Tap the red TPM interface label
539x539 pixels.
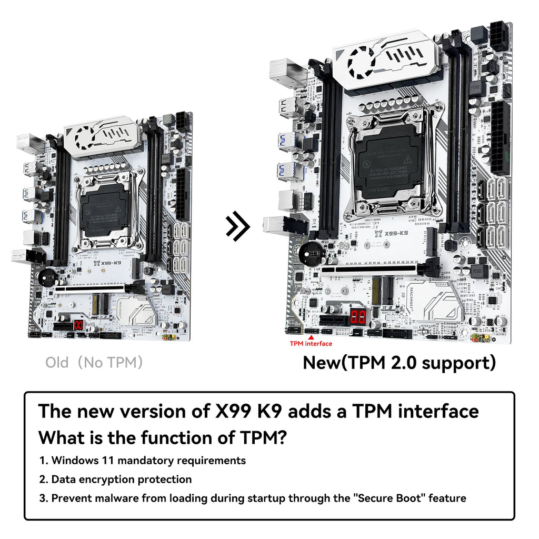311,344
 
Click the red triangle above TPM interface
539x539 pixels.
311,337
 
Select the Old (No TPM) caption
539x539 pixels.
94,363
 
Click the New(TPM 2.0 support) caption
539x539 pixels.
399,363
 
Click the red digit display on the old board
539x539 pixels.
79,325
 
